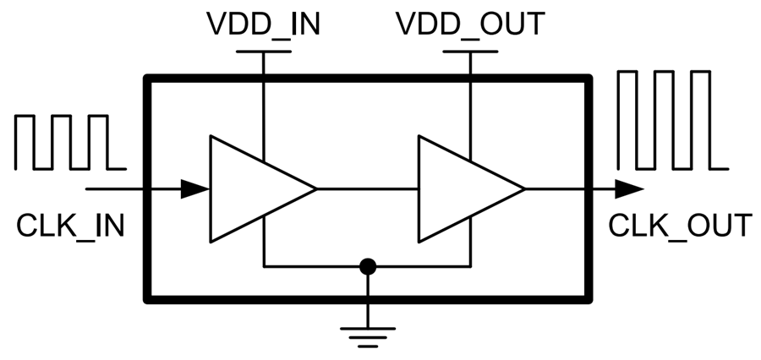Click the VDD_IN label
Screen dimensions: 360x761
[x=263, y=24]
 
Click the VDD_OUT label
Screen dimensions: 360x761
[x=469, y=24]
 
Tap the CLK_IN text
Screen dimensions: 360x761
[x=70, y=226]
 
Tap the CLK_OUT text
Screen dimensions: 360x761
[x=680, y=226]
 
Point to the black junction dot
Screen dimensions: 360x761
[x=367, y=267]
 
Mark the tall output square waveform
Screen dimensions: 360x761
[x=672, y=119]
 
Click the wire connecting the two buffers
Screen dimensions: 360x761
[x=368, y=188]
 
